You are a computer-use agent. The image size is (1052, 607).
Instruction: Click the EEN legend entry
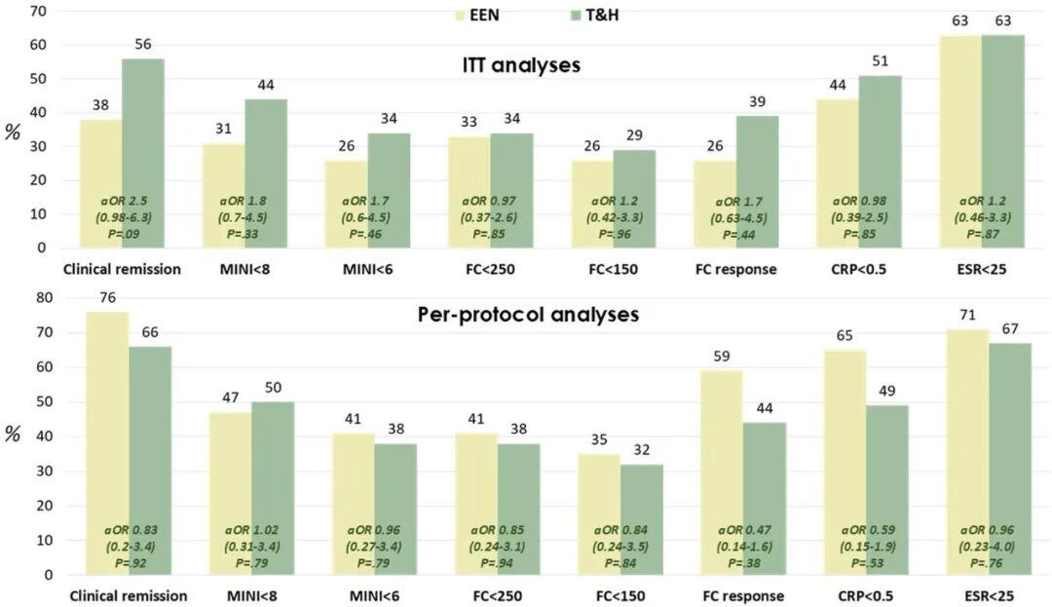(x=478, y=16)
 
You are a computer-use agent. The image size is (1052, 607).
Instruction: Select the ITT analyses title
(x=521, y=65)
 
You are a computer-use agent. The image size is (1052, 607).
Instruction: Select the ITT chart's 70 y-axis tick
(x=39, y=11)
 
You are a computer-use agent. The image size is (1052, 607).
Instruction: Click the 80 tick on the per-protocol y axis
(x=39, y=298)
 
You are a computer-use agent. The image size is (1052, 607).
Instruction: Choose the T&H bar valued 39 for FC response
(x=758, y=181)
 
